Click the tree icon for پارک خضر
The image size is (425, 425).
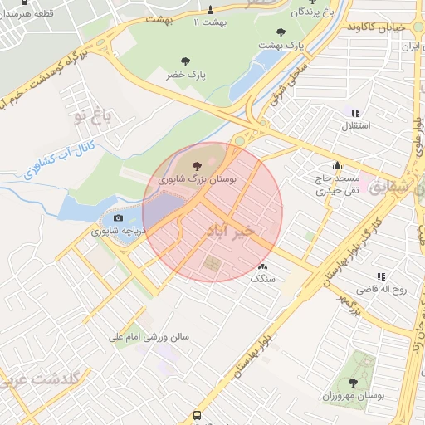tap(183, 61)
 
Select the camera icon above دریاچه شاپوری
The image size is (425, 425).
tap(118, 218)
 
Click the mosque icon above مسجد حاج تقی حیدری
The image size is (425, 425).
tap(336, 165)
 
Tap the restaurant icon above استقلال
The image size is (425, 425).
tap(355, 113)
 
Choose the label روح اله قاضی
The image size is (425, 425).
tap(379, 290)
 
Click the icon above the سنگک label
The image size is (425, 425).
tap(263, 266)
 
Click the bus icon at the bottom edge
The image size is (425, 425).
tap(197, 415)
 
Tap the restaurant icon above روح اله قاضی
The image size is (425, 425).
tap(380, 276)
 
